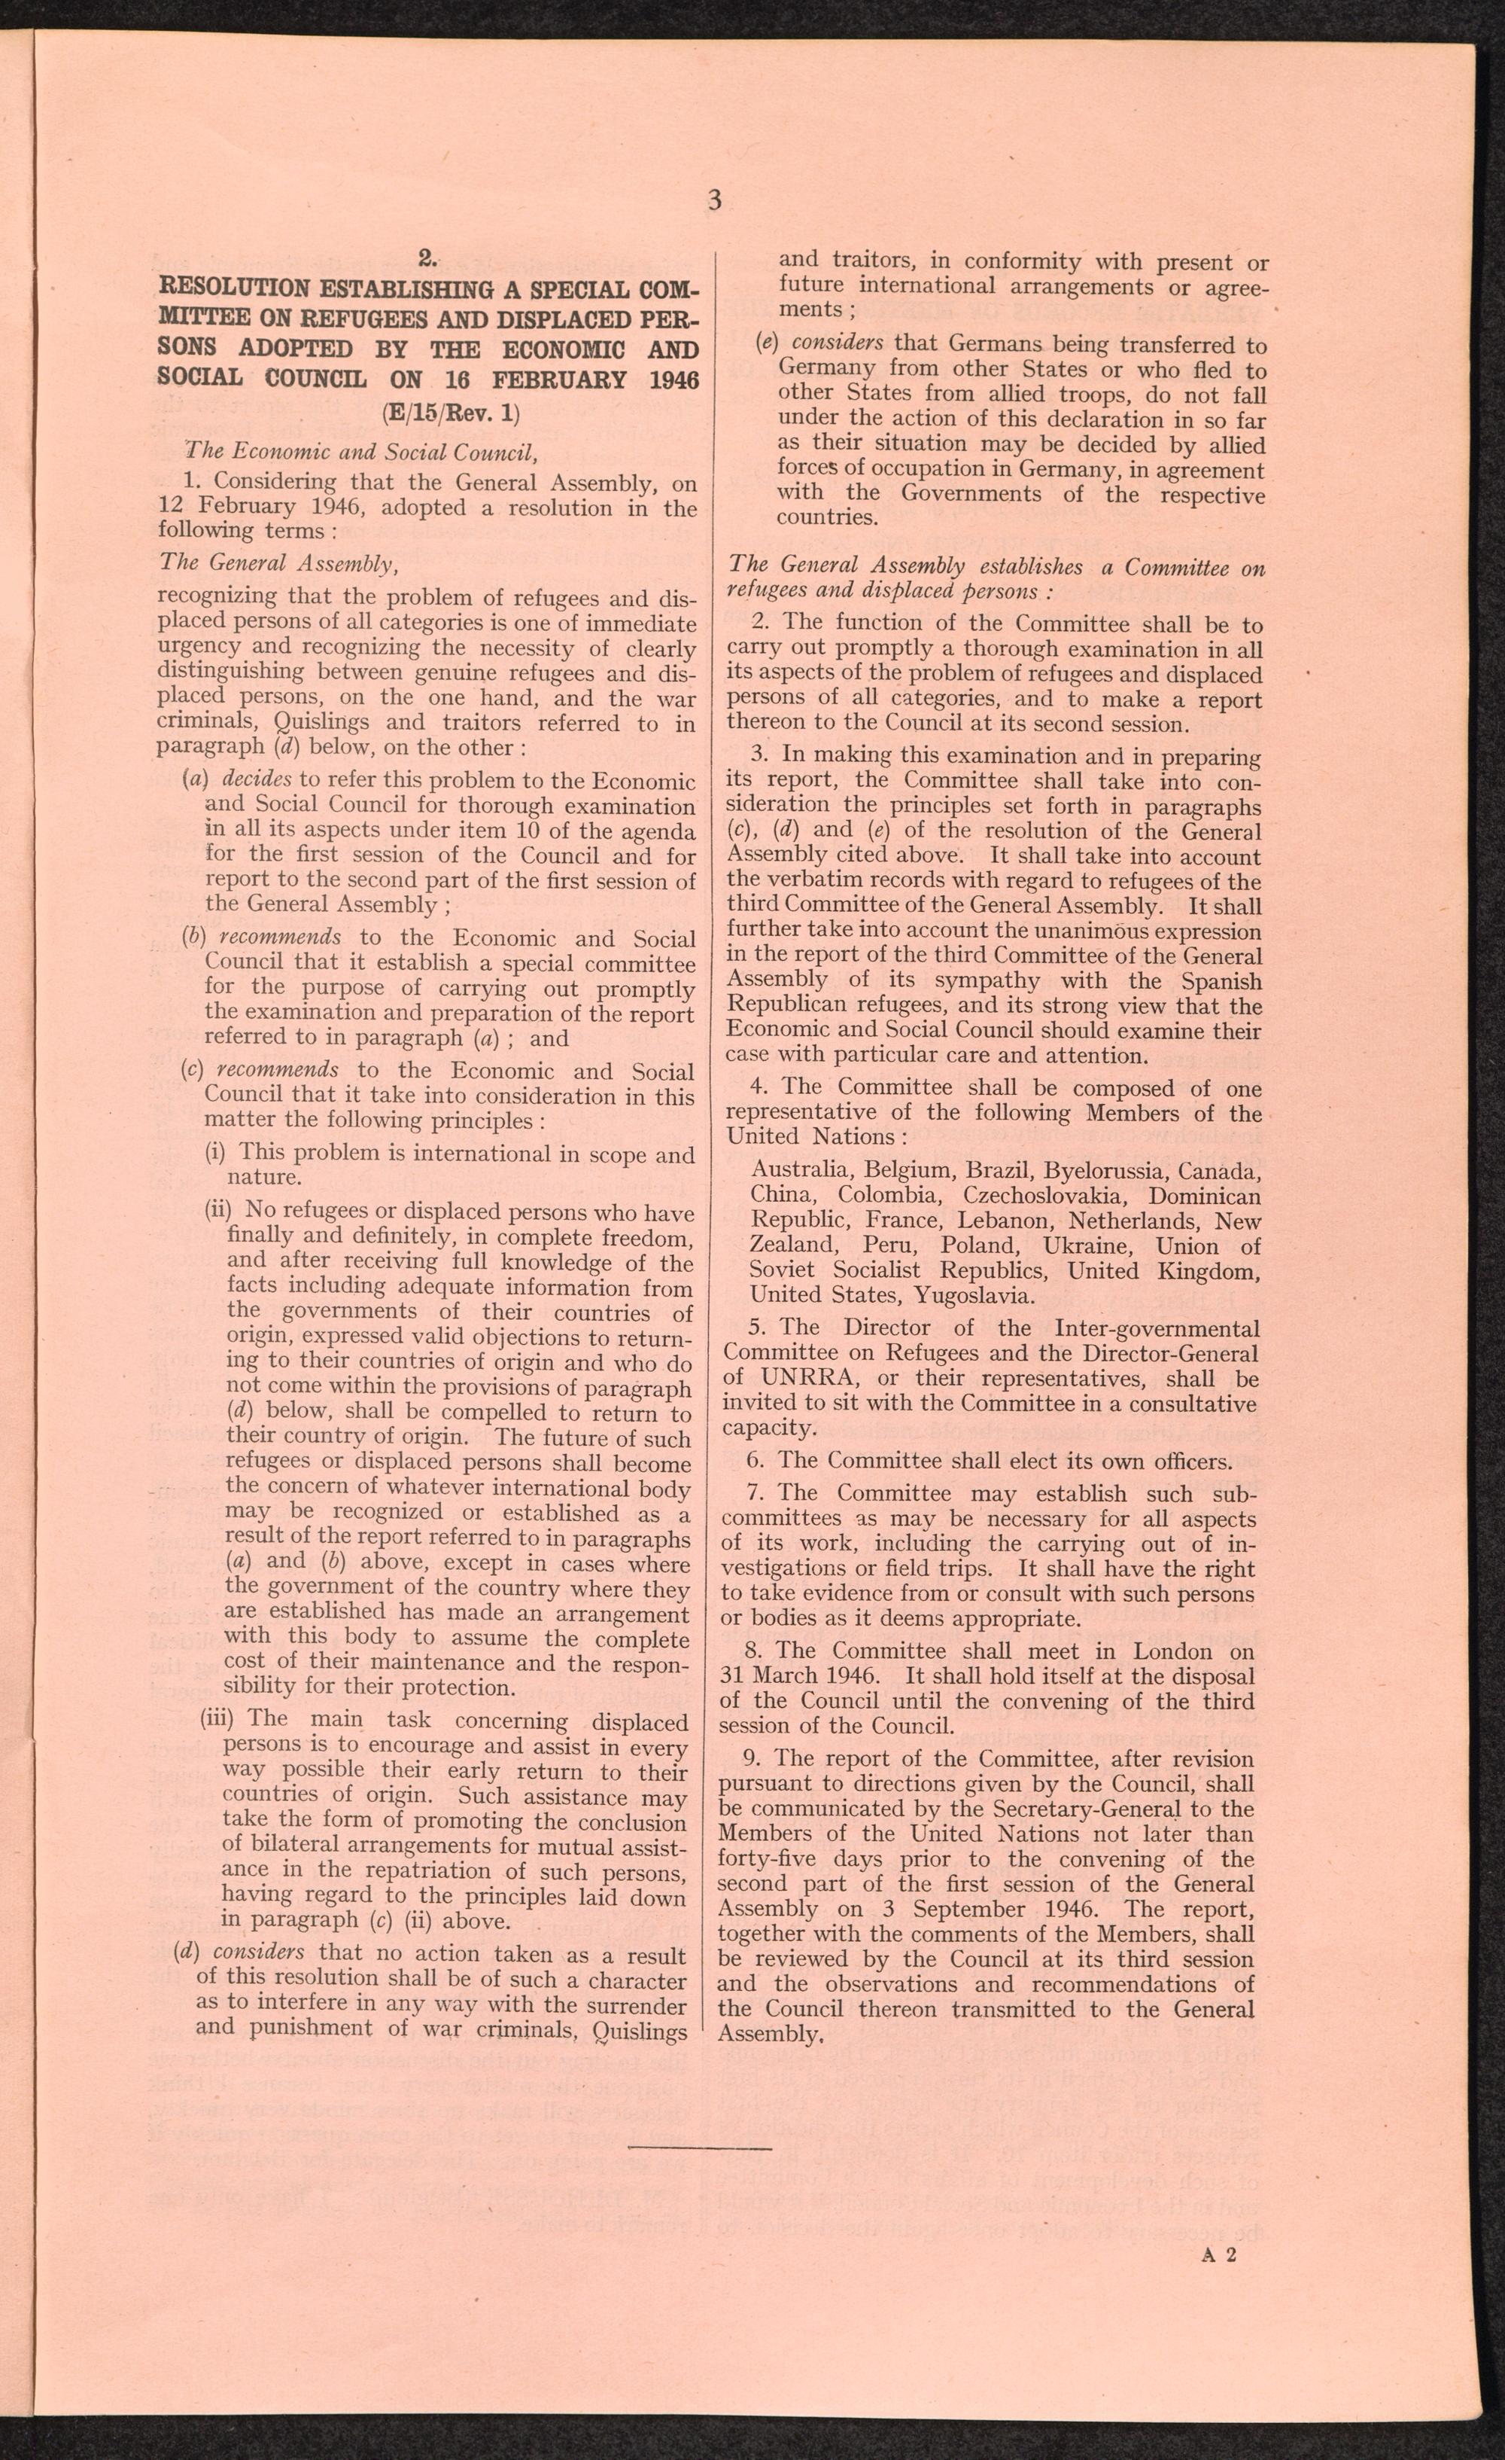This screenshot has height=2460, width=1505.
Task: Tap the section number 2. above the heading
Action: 427,261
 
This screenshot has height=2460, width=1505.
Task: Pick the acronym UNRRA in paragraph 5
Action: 798,1379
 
